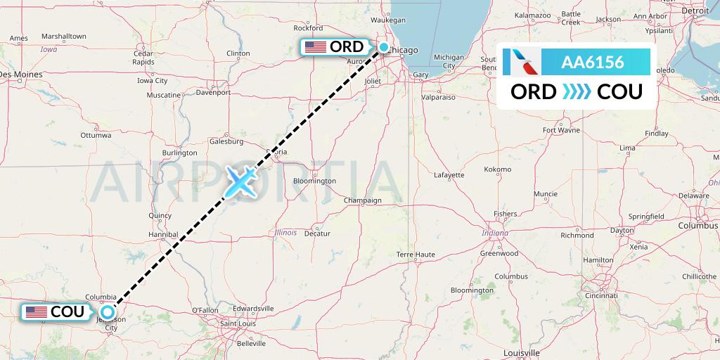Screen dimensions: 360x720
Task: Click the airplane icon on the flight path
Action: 240,181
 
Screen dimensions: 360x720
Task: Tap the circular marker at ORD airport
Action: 384,47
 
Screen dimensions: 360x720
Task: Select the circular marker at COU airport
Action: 107,311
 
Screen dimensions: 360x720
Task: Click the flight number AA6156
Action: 592,62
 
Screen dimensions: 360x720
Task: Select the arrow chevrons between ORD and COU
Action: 577,91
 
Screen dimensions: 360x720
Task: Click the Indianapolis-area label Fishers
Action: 505,214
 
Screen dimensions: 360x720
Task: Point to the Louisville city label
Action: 521,352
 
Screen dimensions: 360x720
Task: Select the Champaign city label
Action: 362,200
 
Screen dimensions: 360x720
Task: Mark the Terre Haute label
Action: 416,254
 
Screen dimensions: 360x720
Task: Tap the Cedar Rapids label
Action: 143,58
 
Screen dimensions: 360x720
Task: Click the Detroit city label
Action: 695,11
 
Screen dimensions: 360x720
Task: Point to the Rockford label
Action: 319,28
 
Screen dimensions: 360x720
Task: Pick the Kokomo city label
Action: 498,169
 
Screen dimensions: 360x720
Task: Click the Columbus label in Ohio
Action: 698,226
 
